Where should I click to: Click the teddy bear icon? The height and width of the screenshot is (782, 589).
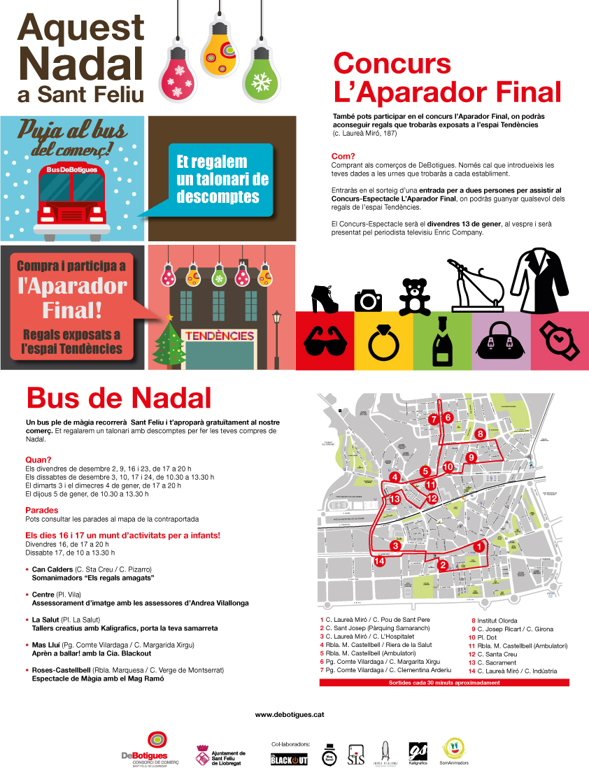point(415,297)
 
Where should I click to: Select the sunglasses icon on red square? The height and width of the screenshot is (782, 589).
point(325,341)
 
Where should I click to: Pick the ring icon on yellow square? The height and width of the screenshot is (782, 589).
point(383,341)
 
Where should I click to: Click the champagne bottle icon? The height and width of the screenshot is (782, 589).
point(442,340)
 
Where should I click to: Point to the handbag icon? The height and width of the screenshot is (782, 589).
point(501,341)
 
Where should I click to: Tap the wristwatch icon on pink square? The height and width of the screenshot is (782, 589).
point(559,341)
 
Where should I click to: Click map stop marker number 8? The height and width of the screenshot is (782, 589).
point(480,434)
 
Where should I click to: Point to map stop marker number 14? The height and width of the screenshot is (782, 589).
point(380,561)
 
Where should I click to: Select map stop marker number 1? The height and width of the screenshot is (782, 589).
point(478,546)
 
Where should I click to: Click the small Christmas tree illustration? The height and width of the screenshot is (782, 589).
point(168,340)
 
